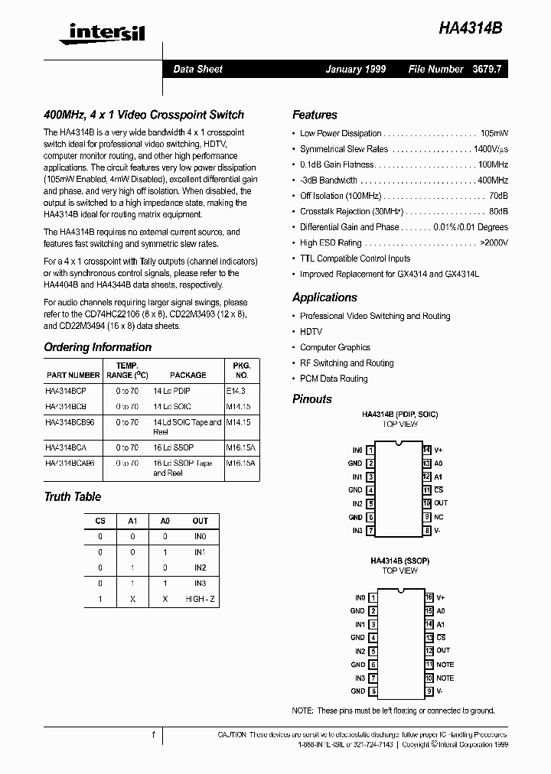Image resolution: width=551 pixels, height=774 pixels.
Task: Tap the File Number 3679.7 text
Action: (x=458, y=69)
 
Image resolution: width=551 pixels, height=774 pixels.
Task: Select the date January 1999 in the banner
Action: (x=355, y=69)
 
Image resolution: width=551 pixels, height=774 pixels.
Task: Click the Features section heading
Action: (x=315, y=115)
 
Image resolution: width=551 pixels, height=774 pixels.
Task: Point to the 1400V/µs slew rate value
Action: (x=491, y=149)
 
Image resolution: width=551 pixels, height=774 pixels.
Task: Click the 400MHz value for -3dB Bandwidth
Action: (x=493, y=180)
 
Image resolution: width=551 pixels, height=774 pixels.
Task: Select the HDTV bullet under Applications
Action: (x=311, y=332)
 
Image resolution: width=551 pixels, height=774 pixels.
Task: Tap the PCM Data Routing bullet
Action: (x=334, y=379)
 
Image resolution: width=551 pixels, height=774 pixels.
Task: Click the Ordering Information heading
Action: (x=97, y=347)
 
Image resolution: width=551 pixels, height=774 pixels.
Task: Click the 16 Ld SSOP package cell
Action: (x=173, y=447)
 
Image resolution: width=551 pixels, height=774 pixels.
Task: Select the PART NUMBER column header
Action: (x=73, y=375)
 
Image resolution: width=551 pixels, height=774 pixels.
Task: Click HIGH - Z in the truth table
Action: (x=201, y=600)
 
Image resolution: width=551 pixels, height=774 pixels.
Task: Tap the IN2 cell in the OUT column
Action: (x=201, y=567)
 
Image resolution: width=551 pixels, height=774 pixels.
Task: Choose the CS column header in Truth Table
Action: (x=100, y=521)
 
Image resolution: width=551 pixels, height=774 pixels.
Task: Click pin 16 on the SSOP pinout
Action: (x=429, y=597)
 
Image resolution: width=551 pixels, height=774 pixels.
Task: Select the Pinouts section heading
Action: (x=312, y=399)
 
